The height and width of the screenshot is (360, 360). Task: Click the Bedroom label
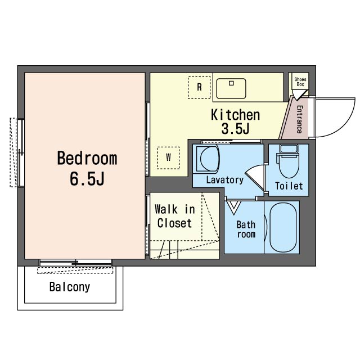[87, 159]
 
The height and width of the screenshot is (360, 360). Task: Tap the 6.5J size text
[87, 179]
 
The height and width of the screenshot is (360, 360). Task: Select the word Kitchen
[235, 115]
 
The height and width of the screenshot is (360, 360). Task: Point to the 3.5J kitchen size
[235, 129]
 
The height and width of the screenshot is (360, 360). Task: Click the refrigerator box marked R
[199, 88]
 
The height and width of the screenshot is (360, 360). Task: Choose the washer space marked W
[168, 157]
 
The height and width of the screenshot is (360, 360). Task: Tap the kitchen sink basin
[231, 89]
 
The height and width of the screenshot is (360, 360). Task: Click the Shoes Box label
[300, 82]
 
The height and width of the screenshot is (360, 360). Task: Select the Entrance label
[299, 119]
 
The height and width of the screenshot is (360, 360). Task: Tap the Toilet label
[289, 186]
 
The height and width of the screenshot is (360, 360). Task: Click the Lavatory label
[225, 180]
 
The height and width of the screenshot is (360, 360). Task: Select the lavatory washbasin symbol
[208, 159]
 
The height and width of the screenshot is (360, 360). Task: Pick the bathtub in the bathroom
[283, 227]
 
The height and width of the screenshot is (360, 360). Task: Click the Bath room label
[246, 229]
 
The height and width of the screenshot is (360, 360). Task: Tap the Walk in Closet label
[175, 216]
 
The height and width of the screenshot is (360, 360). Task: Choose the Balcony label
[70, 287]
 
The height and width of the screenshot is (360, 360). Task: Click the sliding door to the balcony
[75, 263]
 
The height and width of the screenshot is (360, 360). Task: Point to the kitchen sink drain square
[231, 83]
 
